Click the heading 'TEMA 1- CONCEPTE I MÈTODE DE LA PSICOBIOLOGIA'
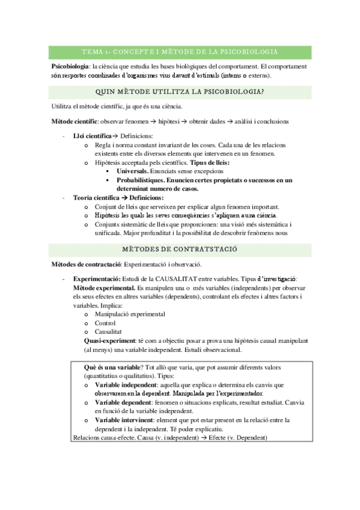(180, 52)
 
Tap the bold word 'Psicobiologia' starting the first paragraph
(70, 66)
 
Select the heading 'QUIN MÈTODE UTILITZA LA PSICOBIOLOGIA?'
(180, 91)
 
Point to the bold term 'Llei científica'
(91, 137)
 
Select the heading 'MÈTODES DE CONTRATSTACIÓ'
(180, 248)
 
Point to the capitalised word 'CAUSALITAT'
(172, 279)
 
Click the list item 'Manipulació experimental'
(129, 314)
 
